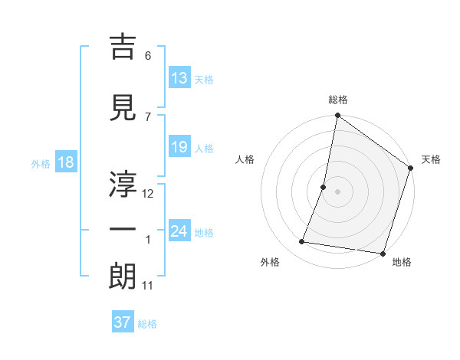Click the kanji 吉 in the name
(x=123, y=47)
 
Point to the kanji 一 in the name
(x=123, y=231)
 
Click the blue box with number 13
(x=179, y=78)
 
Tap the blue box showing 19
(x=179, y=147)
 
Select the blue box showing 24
(x=179, y=232)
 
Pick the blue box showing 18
(x=65, y=163)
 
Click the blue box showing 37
(x=123, y=322)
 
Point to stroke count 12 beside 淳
(x=149, y=194)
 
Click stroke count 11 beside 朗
(x=149, y=286)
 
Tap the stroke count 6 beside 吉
(x=148, y=56)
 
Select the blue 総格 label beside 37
(x=147, y=324)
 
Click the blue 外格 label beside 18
(x=40, y=164)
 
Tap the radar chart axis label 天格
(x=431, y=159)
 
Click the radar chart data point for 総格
(x=337, y=116)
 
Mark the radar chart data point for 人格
(x=324, y=187)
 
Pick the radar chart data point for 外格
(x=302, y=242)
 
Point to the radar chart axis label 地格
(x=402, y=262)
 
